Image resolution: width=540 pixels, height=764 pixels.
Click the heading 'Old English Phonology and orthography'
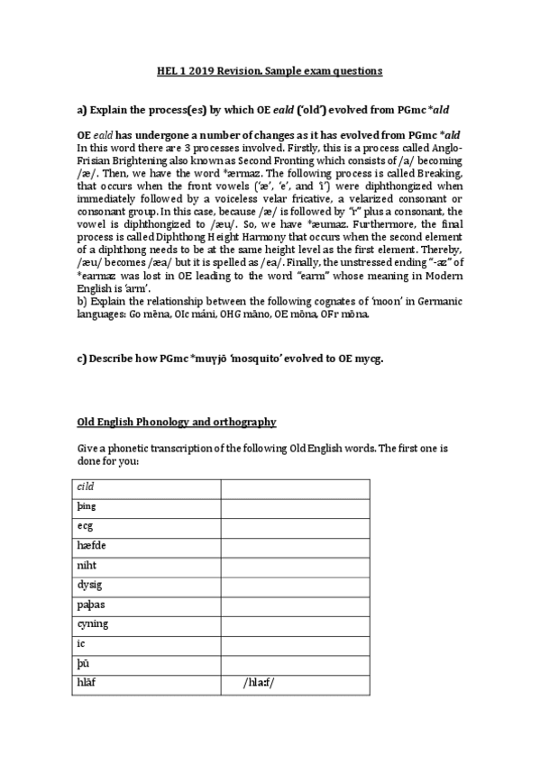pos(176,422)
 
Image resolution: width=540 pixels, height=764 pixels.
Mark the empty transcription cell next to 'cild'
pos(296,487)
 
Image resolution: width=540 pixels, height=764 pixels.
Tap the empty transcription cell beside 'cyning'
pos(296,625)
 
